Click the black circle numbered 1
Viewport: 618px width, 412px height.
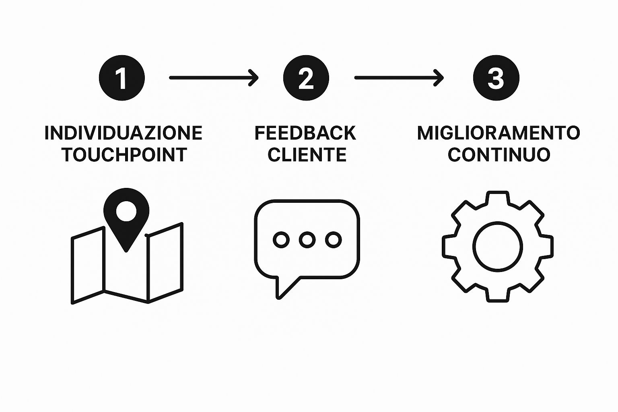pos(122,78)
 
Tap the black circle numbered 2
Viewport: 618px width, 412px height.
pos(306,78)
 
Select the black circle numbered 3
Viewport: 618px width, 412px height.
pos(496,78)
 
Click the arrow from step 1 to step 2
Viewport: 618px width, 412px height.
pos(214,78)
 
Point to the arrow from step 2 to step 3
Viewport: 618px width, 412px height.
pos(399,78)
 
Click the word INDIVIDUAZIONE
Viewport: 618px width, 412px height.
pos(124,133)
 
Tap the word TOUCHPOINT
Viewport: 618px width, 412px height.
pos(124,154)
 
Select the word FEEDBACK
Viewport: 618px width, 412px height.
pos(305,133)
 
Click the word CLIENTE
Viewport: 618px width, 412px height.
pos(307,154)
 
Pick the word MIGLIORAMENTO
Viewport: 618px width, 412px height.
pos(499,133)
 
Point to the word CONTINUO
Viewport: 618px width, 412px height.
pos(499,154)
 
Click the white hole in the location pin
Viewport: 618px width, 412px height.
pos(126,211)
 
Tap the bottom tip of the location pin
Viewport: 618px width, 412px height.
pos(126,251)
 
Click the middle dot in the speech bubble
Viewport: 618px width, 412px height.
pos(307,239)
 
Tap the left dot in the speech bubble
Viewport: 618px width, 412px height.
pos(281,239)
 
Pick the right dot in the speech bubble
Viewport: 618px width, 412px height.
pos(333,239)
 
